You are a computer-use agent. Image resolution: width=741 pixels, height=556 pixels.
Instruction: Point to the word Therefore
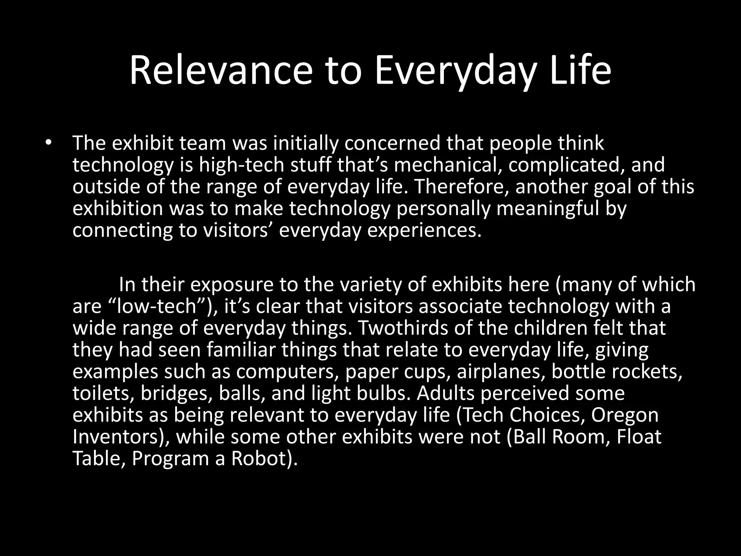pos(461,187)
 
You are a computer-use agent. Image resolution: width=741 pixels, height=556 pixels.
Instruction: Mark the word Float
pos(639,437)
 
